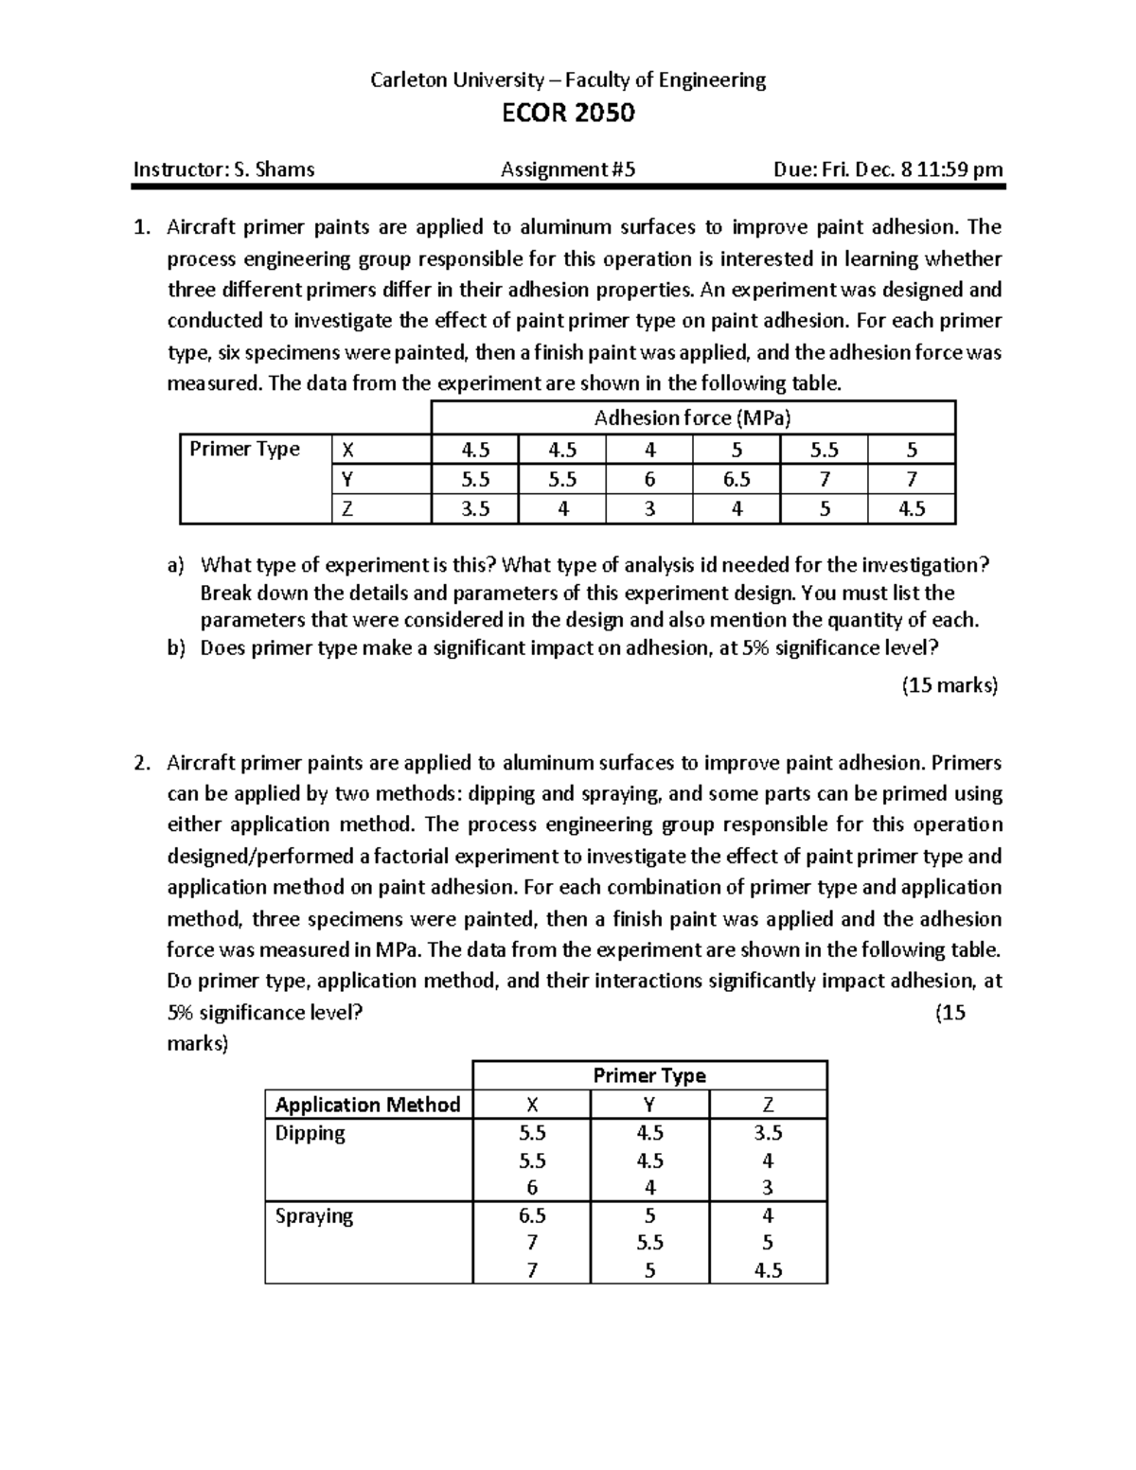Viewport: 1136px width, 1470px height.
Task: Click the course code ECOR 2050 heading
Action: pos(567,114)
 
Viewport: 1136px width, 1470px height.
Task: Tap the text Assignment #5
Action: pos(568,170)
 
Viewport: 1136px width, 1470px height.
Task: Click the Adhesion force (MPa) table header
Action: pos(692,417)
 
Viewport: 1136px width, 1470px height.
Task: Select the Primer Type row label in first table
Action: pos(244,449)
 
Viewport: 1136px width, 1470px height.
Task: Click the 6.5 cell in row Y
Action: pos(737,480)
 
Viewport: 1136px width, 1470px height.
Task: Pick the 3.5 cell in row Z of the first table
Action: pos(475,509)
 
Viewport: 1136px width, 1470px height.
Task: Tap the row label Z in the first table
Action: pos(347,509)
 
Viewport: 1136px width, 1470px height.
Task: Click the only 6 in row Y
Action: pos(649,480)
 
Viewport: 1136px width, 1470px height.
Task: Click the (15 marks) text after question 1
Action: pos(950,685)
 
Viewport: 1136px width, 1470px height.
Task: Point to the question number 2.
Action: pos(141,763)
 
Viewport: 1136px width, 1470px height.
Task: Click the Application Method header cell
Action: pos(367,1105)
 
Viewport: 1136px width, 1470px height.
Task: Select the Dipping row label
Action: pos(310,1133)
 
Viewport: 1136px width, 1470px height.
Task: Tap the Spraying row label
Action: pos(313,1215)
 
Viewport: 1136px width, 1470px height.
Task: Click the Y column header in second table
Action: pos(649,1105)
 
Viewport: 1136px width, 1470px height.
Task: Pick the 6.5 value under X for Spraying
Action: pos(532,1215)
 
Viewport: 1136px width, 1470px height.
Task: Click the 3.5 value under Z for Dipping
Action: pos(768,1133)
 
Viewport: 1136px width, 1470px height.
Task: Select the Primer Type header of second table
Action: pos(649,1075)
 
